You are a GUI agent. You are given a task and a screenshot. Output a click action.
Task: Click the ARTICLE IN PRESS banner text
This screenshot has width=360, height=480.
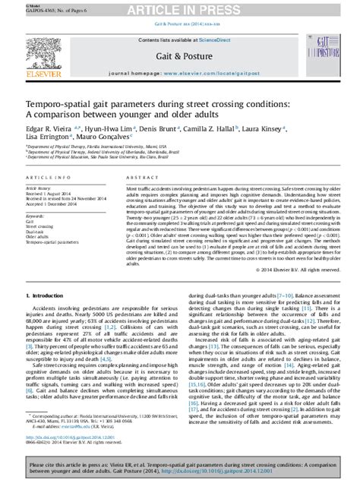click(x=179, y=8)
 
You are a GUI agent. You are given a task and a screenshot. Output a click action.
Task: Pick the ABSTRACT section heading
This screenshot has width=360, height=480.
click(x=139, y=178)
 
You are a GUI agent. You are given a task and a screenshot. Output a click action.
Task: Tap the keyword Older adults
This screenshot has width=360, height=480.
click(x=39, y=237)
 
